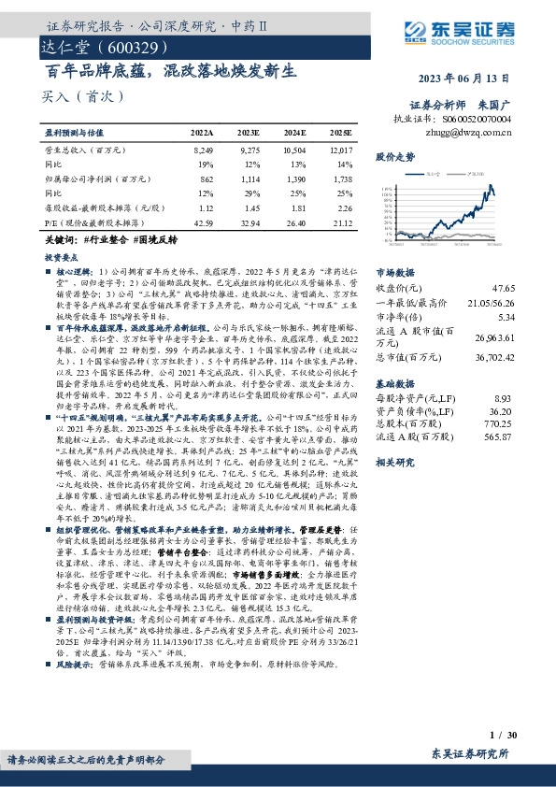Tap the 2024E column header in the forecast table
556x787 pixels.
click(x=293, y=135)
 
